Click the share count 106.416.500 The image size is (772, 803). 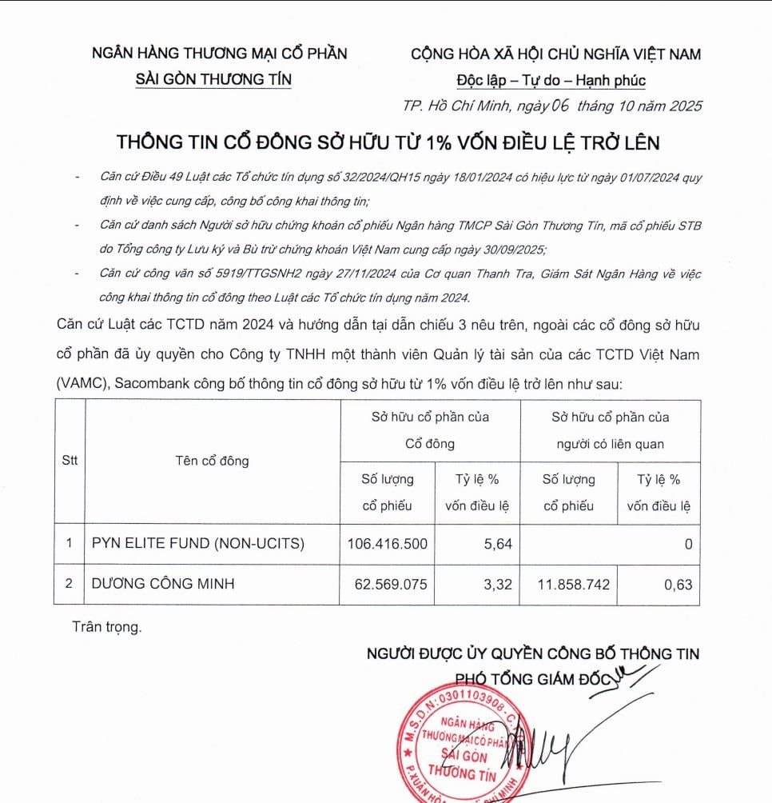tap(388, 544)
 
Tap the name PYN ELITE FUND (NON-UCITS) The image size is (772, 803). tap(198, 544)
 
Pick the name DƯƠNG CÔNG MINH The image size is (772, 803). tap(163, 584)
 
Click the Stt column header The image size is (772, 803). tap(70, 461)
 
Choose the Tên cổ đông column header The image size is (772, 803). tap(212, 461)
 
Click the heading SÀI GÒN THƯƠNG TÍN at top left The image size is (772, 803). tap(214, 79)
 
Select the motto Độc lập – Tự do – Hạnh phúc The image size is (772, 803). tap(551, 81)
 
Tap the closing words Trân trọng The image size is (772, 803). tap(106, 627)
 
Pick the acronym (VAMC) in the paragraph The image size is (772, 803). tap(82, 384)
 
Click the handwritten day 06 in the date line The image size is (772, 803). tap(559, 106)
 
